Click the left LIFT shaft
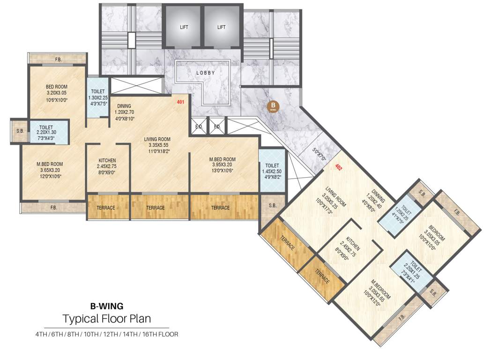tap(184, 27)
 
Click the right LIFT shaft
tap(221, 27)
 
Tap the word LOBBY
tap(206, 73)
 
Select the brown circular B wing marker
tap(272, 106)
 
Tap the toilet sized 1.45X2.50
tap(272, 169)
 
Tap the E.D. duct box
tap(198, 127)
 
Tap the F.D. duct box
tap(217, 127)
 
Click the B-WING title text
tap(107, 306)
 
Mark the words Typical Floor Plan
tap(107, 319)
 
